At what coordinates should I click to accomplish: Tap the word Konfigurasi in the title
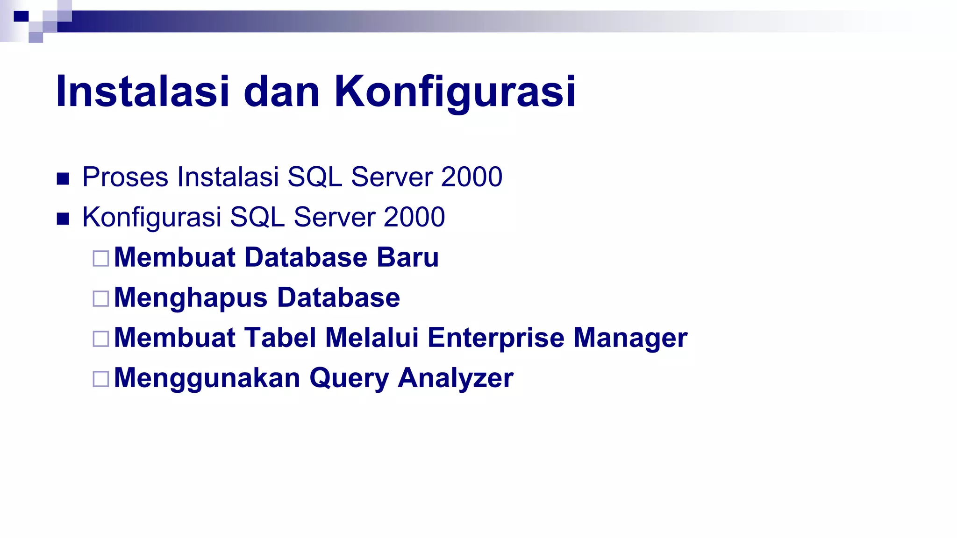click(455, 92)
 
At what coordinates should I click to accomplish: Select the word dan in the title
click(281, 92)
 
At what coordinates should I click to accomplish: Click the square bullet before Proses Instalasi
click(63, 179)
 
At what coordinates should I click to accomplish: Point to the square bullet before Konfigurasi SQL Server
click(63, 219)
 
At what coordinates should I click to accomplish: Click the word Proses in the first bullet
click(125, 177)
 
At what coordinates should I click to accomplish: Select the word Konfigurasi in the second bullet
click(152, 218)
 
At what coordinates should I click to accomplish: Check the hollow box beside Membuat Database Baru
click(101, 258)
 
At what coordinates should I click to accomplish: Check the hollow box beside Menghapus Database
click(101, 298)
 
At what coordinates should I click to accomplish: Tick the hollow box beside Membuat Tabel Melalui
click(101, 339)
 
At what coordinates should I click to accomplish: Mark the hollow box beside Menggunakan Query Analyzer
click(101, 379)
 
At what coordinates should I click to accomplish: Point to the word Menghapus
click(191, 298)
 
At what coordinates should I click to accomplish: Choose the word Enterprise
click(496, 338)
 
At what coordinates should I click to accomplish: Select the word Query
click(349, 378)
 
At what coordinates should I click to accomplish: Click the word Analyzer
click(456, 378)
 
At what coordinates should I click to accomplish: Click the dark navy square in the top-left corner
click(21, 16)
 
